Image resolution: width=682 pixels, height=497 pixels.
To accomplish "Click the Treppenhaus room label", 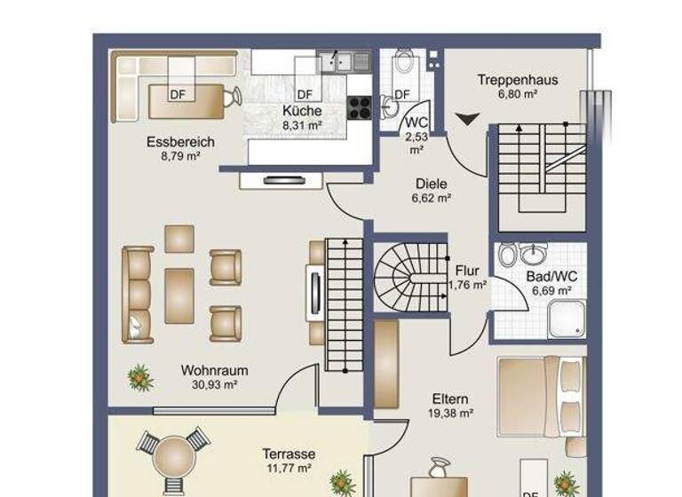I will click(x=517, y=80).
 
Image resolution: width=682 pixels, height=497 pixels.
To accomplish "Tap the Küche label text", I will click(x=302, y=111).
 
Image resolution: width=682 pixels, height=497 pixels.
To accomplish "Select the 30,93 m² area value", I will click(x=214, y=385).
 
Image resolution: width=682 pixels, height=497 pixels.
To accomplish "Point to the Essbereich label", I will click(x=180, y=142).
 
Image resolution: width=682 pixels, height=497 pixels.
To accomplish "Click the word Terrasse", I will click(x=289, y=454).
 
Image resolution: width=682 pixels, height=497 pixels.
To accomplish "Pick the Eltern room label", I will click(x=450, y=399).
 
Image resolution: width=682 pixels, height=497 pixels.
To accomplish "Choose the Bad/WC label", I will click(x=551, y=277).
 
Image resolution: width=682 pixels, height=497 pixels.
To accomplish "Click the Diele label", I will click(x=432, y=185).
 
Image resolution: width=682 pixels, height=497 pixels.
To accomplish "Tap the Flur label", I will click(x=467, y=271).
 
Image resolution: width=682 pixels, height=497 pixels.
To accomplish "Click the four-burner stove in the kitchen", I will click(x=359, y=107).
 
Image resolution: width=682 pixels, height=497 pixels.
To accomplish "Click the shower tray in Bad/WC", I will click(x=566, y=319).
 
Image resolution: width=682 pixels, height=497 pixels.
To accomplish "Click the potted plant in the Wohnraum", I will click(x=139, y=378).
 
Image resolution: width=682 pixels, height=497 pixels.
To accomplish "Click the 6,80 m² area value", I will click(x=517, y=93).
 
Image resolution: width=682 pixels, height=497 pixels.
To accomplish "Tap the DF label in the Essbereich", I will click(x=177, y=94).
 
